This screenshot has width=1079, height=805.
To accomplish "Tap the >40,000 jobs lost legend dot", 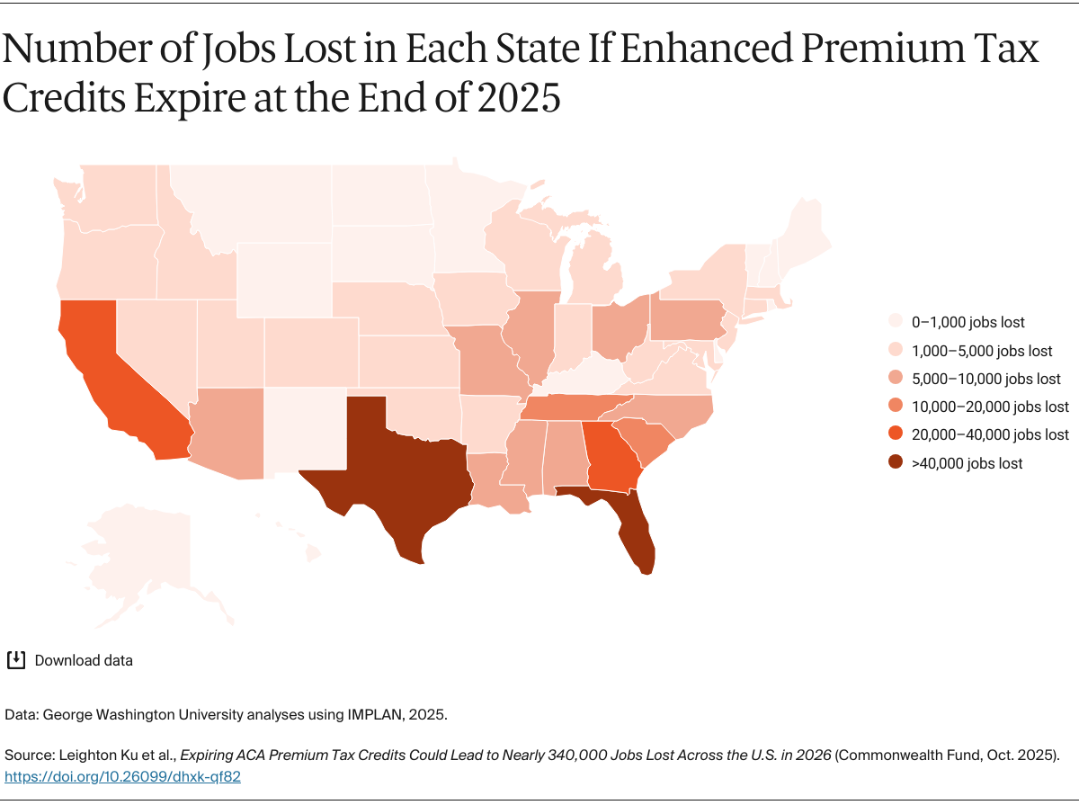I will (x=896, y=463).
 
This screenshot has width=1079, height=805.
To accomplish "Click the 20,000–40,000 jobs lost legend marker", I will (x=896, y=434).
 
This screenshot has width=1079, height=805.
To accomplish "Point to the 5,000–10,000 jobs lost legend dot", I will (x=896, y=379).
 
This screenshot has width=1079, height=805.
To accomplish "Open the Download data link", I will (x=84, y=660).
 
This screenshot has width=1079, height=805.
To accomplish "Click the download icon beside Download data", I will (x=15, y=660).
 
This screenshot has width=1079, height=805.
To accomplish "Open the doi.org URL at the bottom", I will (x=123, y=776).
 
